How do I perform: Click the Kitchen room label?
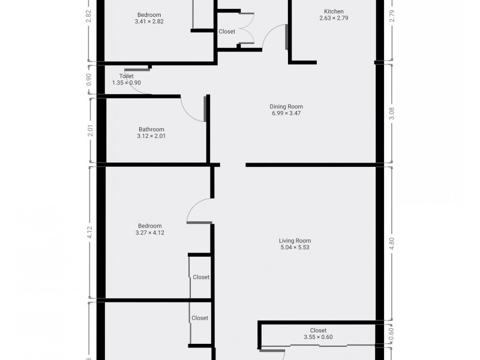coord(334,11)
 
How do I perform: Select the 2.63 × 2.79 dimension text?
coord(334,18)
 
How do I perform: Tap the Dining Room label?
coord(286,107)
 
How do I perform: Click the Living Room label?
coord(295,241)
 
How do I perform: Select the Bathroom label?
coord(151,130)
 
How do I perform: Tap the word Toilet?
coord(126,76)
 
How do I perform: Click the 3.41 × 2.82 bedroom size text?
coord(149,22)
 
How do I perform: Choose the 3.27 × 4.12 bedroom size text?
coord(151,233)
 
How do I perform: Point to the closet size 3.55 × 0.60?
coord(318,337)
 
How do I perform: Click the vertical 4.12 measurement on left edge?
coord(90,233)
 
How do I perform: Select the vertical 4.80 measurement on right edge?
coord(392,243)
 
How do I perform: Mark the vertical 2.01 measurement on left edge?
coord(90,130)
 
